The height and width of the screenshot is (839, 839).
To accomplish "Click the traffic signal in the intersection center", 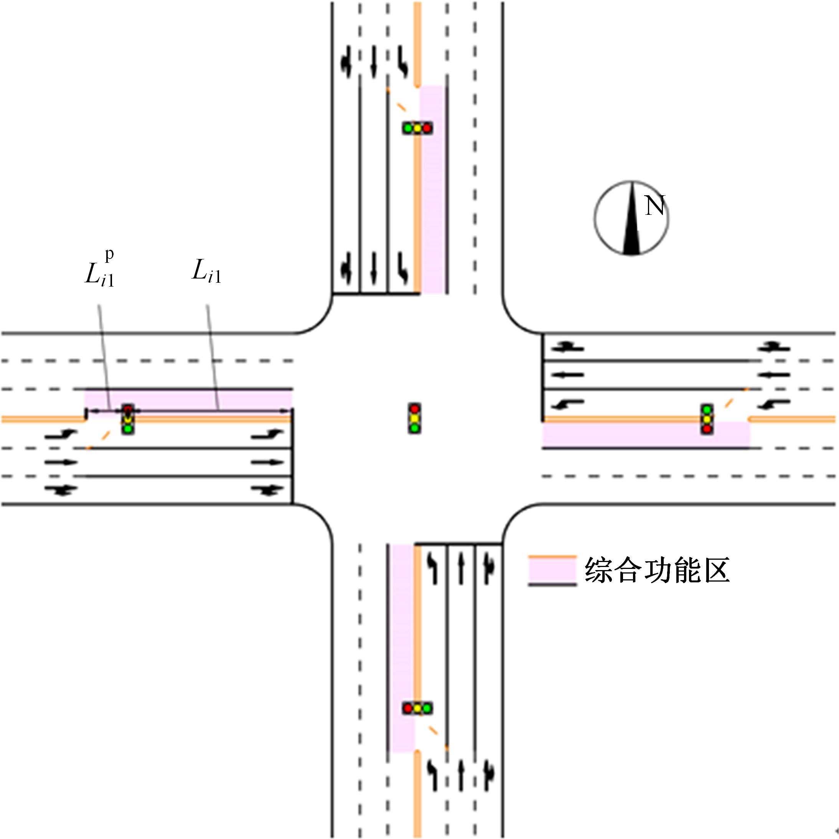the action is point(415,418).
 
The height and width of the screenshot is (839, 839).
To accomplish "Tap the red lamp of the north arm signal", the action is point(427,128).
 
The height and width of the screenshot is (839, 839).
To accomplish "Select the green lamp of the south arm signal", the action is point(427,708).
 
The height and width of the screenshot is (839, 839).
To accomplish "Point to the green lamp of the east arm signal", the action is point(707,409).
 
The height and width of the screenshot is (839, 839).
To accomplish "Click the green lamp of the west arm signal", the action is point(128,429).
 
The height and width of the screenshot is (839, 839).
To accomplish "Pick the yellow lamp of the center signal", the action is point(415,418).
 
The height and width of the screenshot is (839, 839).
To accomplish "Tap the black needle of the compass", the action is point(631,218).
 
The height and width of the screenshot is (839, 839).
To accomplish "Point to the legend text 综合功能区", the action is point(657,570).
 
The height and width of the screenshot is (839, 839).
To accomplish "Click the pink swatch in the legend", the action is point(552,570).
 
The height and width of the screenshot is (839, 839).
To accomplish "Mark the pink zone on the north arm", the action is point(432,190).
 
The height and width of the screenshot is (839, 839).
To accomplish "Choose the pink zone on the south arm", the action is point(402,648).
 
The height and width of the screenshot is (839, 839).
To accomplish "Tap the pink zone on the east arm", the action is point(647,435).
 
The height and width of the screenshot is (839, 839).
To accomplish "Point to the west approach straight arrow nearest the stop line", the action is point(267,462).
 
